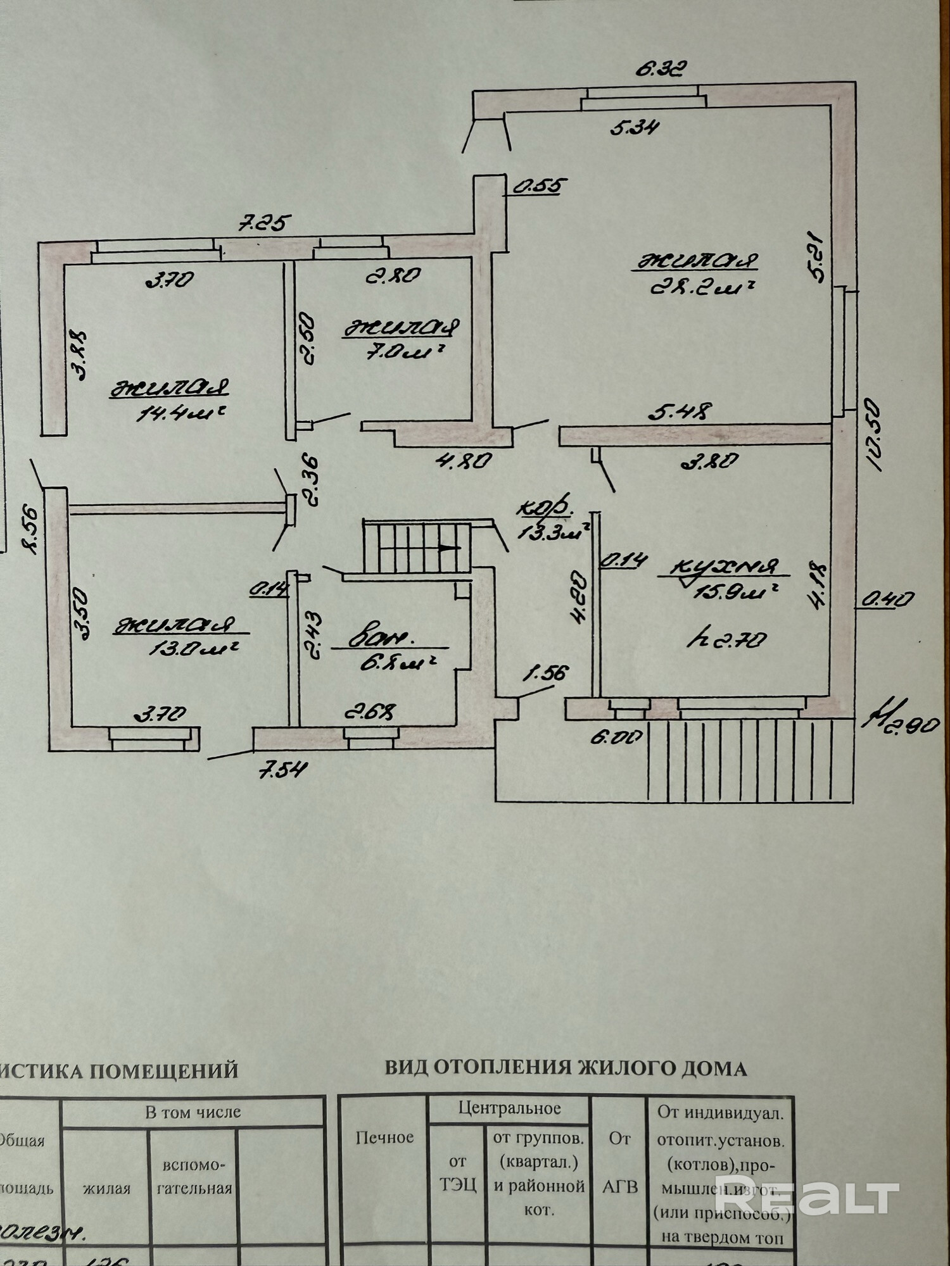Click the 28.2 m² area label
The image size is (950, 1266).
click(x=702, y=289)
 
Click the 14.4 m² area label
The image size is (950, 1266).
click(x=181, y=413)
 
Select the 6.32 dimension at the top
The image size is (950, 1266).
click(x=660, y=68)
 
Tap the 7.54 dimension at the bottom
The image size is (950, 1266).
click(x=282, y=769)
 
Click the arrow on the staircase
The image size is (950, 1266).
click(x=449, y=548)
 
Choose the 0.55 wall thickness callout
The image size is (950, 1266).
click(x=538, y=186)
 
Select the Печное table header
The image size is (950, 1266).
click(x=384, y=1138)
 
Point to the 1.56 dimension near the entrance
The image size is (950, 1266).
click(x=544, y=673)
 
